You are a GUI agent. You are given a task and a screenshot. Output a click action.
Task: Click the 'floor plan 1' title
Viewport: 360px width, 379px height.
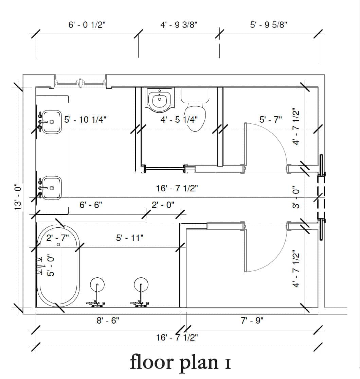tap(180, 362)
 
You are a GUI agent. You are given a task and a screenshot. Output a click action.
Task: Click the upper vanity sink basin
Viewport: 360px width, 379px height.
tap(52, 122)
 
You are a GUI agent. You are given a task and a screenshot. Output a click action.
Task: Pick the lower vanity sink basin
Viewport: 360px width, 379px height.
tap(52, 188)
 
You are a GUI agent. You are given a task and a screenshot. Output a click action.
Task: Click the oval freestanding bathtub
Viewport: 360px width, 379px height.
tap(59, 266)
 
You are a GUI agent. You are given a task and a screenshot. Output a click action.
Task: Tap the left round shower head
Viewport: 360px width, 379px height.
tap(97, 285)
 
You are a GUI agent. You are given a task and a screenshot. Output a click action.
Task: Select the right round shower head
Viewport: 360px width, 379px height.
tap(141, 285)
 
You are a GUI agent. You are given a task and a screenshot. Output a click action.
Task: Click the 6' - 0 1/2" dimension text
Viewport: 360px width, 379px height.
tap(87, 25)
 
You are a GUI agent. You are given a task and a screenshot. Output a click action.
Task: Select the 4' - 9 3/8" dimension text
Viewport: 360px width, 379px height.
tap(179, 25)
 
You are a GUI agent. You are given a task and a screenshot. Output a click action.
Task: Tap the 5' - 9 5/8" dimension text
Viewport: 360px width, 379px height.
tap(269, 25)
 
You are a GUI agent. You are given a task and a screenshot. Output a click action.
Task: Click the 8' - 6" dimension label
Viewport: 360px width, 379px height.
tap(108, 321)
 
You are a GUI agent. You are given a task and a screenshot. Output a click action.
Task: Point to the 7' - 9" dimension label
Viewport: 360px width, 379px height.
tap(252, 321)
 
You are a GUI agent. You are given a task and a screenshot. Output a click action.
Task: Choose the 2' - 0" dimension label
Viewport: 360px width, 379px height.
tap(163, 205)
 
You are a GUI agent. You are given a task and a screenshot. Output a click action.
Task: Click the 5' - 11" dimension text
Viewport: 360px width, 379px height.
tap(130, 238)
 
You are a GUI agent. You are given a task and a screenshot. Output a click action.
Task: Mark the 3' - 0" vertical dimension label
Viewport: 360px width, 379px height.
tap(296, 197)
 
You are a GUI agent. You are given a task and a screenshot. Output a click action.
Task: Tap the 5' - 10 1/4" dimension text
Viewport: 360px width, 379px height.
tap(85, 120)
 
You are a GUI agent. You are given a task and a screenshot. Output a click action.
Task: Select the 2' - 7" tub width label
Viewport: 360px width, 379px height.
tap(57, 238)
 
